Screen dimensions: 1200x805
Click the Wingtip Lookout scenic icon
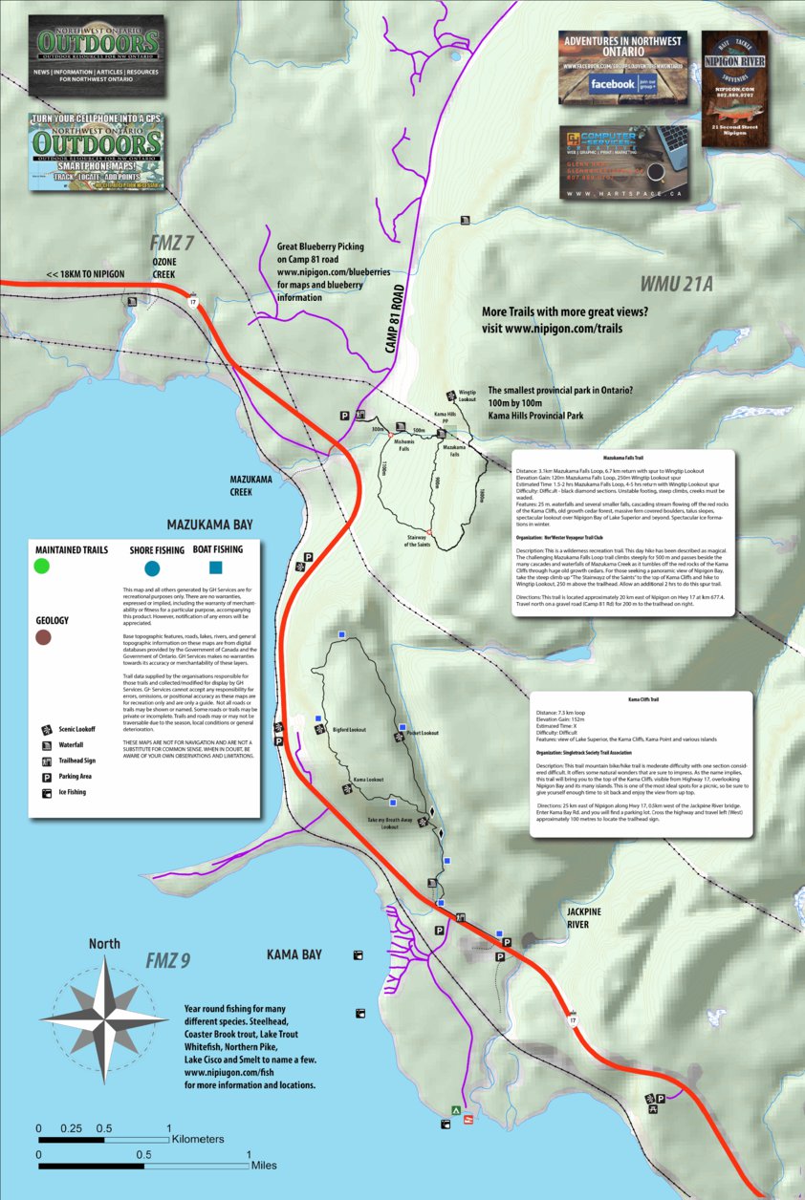point(450,396)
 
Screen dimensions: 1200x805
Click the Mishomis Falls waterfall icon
point(400,428)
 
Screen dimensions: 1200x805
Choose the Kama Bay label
point(294,954)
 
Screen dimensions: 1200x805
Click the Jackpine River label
point(583,918)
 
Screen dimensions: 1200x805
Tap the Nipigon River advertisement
point(734,89)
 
